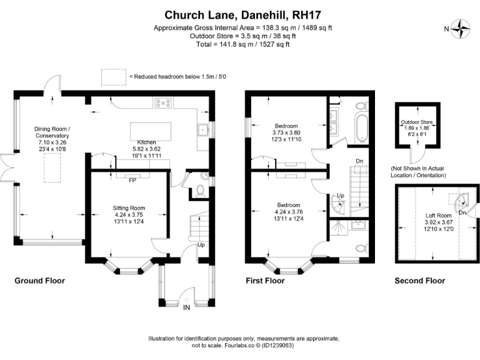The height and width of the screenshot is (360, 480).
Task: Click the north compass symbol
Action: coord(462,27)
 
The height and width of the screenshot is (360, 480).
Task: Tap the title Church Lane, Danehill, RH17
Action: coord(240,14)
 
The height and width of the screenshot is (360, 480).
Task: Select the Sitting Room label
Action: coord(129,207)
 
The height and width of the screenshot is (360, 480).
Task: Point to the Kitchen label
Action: coord(146,142)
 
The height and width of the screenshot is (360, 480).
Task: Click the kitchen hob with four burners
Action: coord(164,104)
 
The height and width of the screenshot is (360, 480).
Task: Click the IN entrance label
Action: coord(186,307)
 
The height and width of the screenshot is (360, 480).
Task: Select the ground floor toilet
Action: coord(199,190)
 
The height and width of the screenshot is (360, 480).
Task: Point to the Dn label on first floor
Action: coord(359,162)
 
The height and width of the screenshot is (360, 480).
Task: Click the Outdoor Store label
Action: coord(417,122)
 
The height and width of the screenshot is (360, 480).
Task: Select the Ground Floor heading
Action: coord(39,281)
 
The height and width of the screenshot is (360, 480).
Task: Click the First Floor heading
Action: coord(265,281)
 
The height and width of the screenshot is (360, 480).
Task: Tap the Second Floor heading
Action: coord(419,281)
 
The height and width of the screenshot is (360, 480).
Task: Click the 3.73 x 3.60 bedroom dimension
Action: coord(286,132)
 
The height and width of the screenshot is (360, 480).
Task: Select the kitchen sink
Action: coord(204,131)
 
